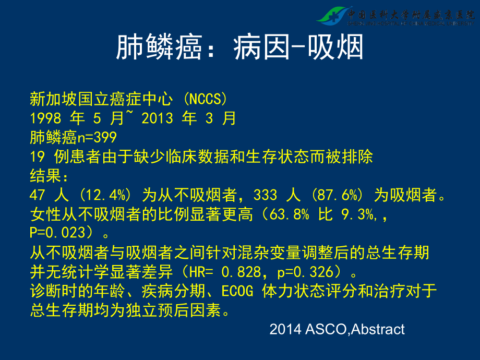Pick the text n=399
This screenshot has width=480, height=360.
pos(97,137)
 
